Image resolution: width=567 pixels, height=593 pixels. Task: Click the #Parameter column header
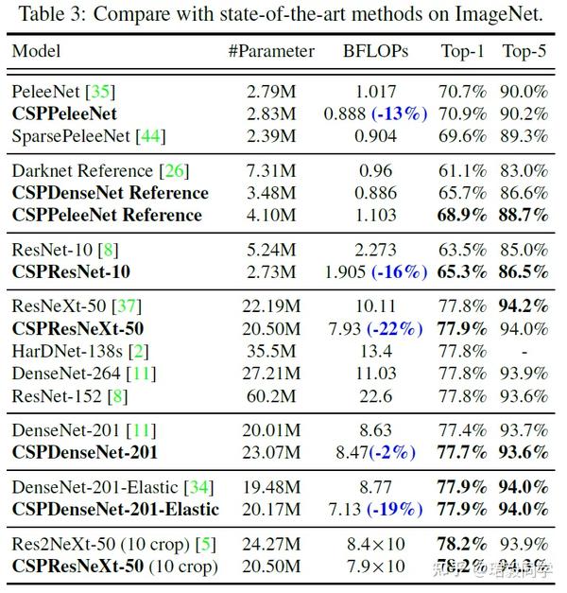271,51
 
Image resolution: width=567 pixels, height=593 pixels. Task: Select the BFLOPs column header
375,51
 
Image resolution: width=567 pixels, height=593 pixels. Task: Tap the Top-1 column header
463,51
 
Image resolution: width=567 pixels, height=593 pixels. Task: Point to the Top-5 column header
524,51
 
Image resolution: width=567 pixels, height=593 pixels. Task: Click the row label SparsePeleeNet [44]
88,136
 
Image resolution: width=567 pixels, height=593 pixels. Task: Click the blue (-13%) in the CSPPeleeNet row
400,114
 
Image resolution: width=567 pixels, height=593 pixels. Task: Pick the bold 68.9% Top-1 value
463,215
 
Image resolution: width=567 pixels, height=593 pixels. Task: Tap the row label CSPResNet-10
71,272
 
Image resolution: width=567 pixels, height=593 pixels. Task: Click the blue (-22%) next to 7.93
400,329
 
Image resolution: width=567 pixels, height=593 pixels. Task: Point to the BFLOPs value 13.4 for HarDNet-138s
375,351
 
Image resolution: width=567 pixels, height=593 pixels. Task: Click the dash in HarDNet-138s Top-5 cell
524,351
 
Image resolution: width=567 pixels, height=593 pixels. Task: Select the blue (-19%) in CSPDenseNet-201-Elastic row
396,510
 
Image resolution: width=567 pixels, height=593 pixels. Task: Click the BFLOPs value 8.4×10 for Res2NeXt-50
375,545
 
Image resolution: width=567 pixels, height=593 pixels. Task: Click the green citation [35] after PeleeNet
99,93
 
